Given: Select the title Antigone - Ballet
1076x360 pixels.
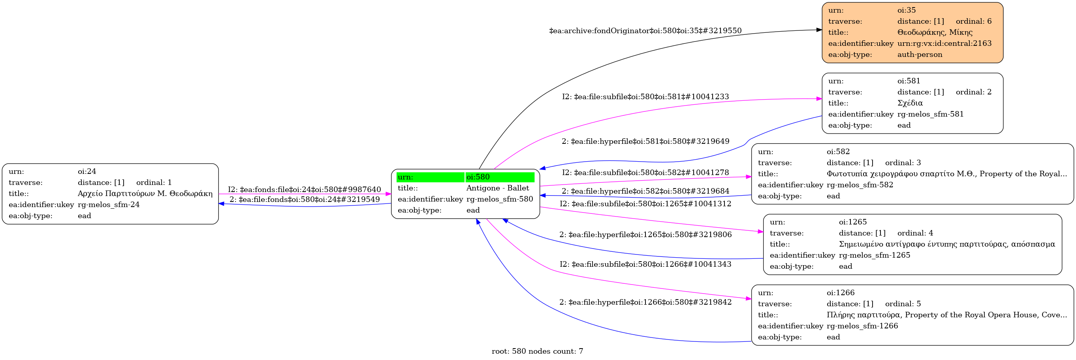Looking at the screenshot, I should pyautogui.click(x=497, y=188).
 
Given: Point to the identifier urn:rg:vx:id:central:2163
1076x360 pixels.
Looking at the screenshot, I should pyautogui.click(x=944, y=43).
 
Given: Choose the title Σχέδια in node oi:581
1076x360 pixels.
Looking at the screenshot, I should pyautogui.click(x=910, y=103).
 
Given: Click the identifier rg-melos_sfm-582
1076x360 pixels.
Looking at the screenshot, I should pyautogui.click(x=860, y=185).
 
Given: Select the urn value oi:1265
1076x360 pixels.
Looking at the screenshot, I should pyautogui.click(x=852, y=222).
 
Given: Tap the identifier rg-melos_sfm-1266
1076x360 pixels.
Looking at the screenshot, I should pyautogui.click(x=862, y=326).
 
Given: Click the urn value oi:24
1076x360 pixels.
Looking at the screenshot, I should pyautogui.click(x=87, y=171).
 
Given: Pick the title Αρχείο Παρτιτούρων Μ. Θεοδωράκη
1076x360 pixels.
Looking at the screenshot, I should pyautogui.click(x=145, y=193).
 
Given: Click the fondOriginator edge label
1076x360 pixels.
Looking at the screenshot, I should pyautogui.click(x=645, y=30).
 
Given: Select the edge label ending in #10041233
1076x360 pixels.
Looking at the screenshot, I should pyautogui.click(x=645, y=96).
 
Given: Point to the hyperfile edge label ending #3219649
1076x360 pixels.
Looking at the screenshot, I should pyautogui.click(x=645, y=141).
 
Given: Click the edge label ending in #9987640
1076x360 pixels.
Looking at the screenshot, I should pyautogui.click(x=304, y=189).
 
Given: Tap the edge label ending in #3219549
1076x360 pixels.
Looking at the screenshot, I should pyautogui.click(x=304, y=199).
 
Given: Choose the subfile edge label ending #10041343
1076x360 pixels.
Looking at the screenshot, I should pyautogui.click(x=645, y=264).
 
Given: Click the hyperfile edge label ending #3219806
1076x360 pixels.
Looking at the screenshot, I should pyautogui.click(x=645, y=234).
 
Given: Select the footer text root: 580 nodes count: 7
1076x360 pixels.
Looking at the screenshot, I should pyautogui.click(x=537, y=351).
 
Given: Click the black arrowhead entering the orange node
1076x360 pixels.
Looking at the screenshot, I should pyautogui.click(x=819, y=30).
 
